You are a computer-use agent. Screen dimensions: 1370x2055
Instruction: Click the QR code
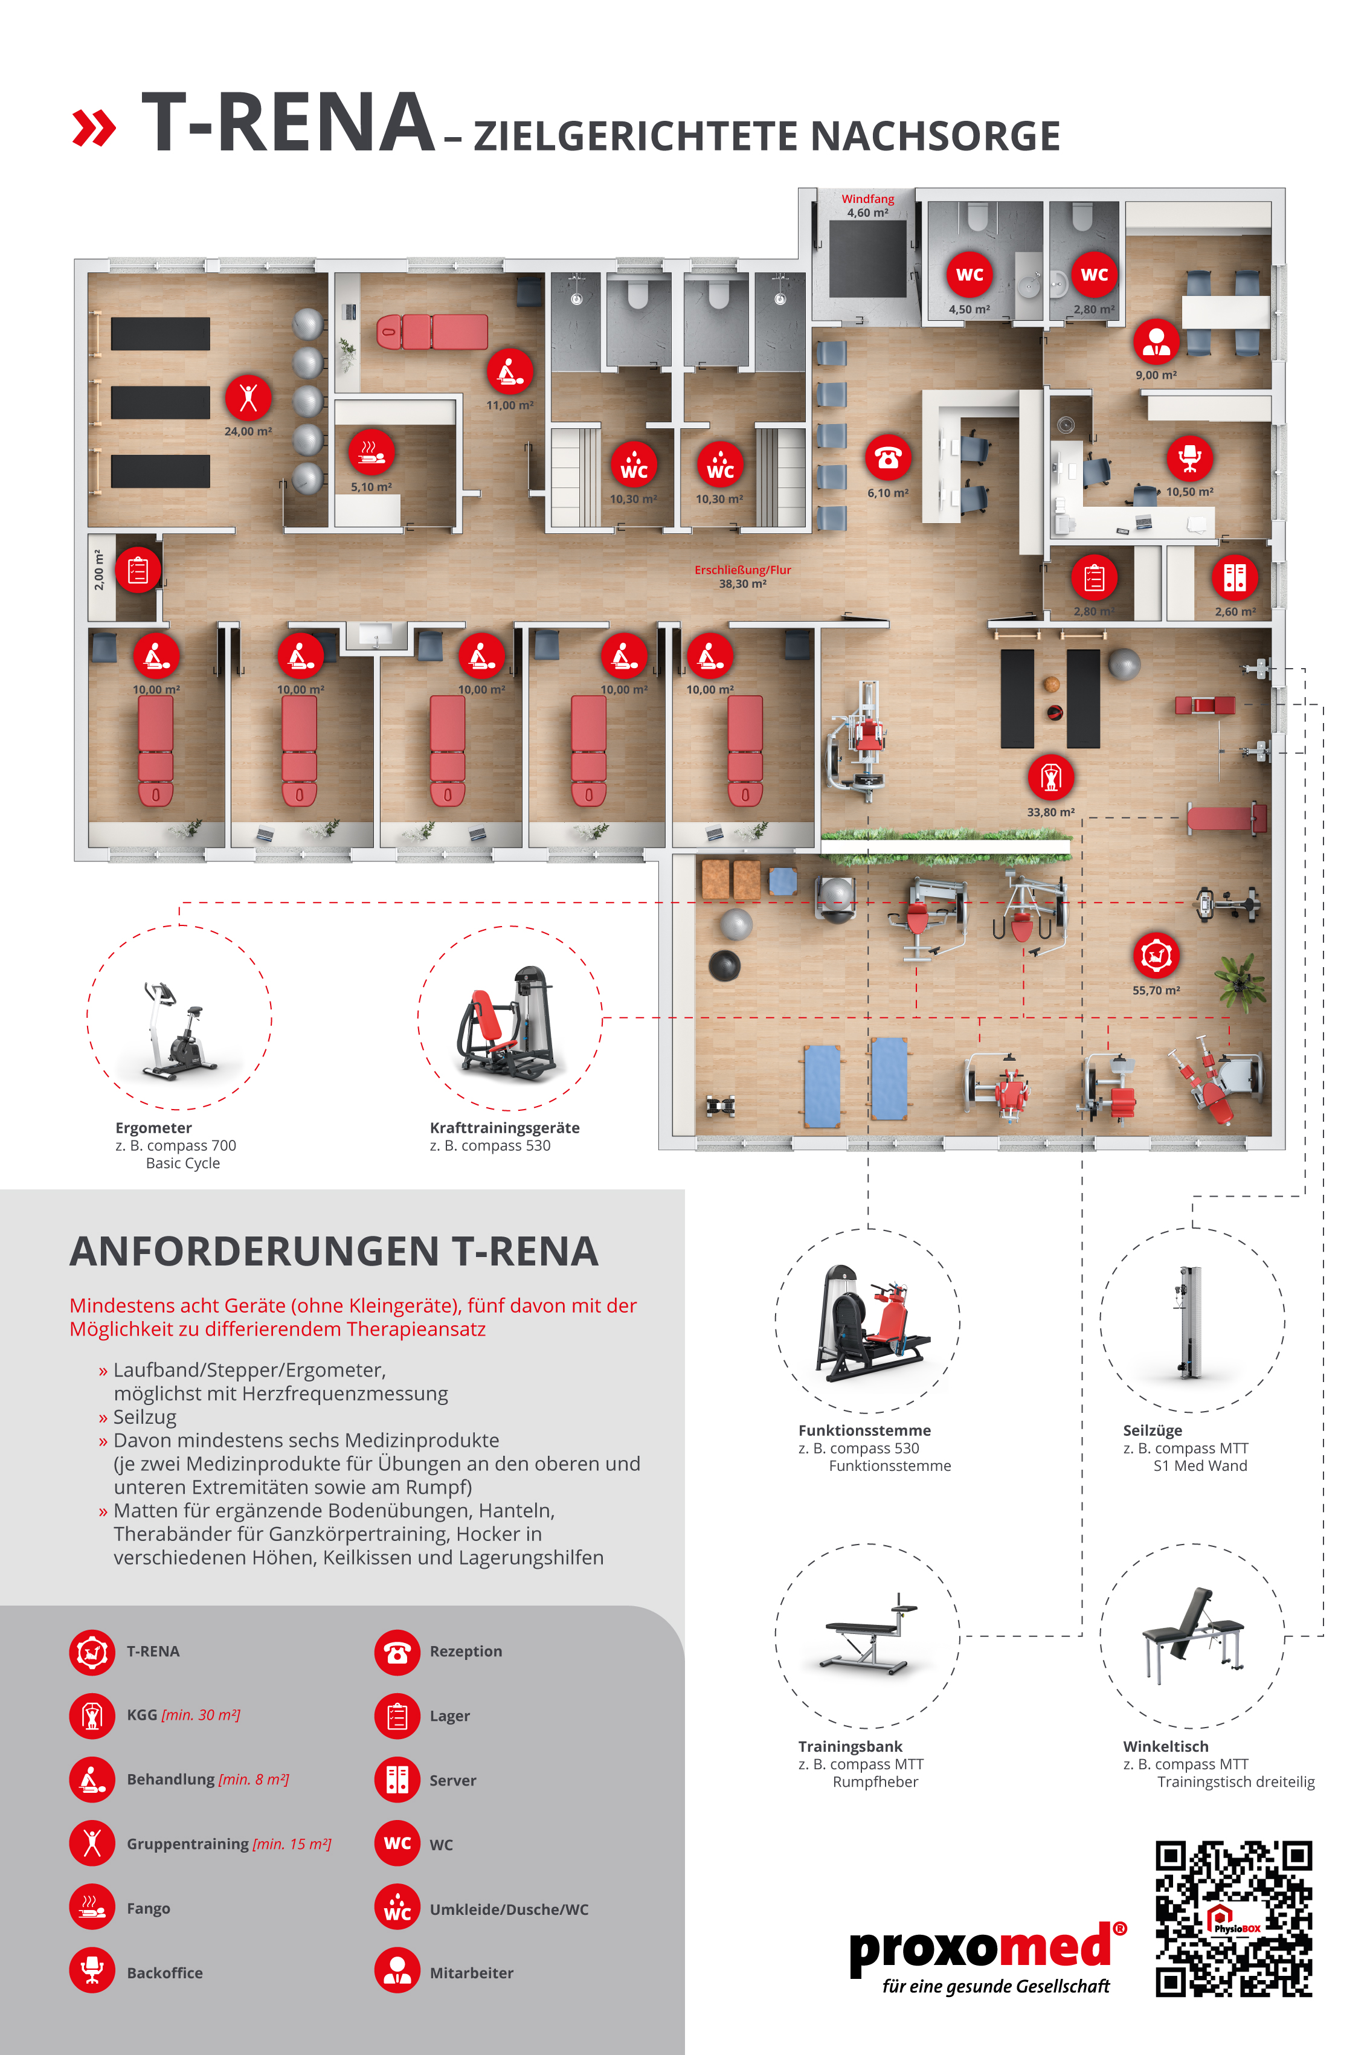[x=1233, y=1918]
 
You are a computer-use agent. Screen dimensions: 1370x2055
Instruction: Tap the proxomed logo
[x=987, y=1958]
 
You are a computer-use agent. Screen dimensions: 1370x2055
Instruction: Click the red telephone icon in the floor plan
[x=888, y=457]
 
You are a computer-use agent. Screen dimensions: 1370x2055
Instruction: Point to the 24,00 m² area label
[x=248, y=432]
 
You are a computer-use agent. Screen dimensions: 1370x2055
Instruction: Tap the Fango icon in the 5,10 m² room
[x=371, y=452]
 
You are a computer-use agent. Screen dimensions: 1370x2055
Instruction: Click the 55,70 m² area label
[x=1156, y=991]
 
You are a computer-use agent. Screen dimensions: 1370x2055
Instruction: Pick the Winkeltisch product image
[x=1192, y=1636]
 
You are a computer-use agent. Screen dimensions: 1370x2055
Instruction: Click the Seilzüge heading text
[x=1153, y=1431]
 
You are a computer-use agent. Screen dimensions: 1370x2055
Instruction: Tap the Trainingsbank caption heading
[x=850, y=1746]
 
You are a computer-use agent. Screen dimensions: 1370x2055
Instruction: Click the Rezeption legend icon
[x=397, y=1652]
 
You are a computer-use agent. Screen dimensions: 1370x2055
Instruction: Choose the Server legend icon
[x=397, y=1780]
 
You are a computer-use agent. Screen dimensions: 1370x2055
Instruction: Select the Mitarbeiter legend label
[x=471, y=1973]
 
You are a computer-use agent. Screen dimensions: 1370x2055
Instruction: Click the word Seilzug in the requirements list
[x=144, y=1417]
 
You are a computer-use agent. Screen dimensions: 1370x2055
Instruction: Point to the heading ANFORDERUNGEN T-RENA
[x=334, y=1251]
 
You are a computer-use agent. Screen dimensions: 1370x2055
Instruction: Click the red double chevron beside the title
[x=94, y=129]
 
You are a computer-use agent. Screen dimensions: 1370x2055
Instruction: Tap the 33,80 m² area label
[x=1051, y=812]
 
